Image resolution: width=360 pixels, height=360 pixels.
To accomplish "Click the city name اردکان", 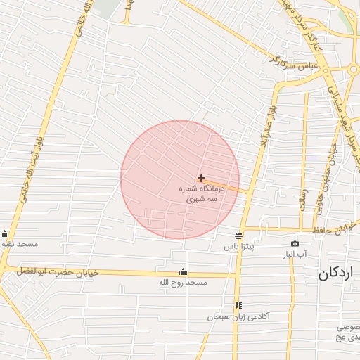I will pos(337,274).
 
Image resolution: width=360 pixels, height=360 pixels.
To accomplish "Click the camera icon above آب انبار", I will pos(295,243).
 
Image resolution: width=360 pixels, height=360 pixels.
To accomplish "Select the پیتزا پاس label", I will pos(238,247).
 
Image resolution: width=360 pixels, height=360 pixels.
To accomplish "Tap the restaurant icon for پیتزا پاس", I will pos(239,235).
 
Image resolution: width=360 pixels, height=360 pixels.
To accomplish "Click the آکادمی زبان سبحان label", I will pos(238,317).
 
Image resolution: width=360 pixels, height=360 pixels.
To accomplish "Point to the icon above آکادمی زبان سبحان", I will pos(238,305).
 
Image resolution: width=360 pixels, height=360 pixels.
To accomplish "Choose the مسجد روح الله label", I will pos(184,283).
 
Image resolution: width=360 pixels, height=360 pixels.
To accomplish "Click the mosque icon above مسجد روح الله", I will pos(184,272).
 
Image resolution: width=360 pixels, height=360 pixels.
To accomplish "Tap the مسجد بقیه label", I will pos(19,244).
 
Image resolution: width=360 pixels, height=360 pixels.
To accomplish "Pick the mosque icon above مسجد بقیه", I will pos(5,234).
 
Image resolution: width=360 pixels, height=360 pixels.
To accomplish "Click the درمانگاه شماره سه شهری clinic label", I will pos(202,195).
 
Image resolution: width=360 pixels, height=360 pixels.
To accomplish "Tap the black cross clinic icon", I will pos(202,179).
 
